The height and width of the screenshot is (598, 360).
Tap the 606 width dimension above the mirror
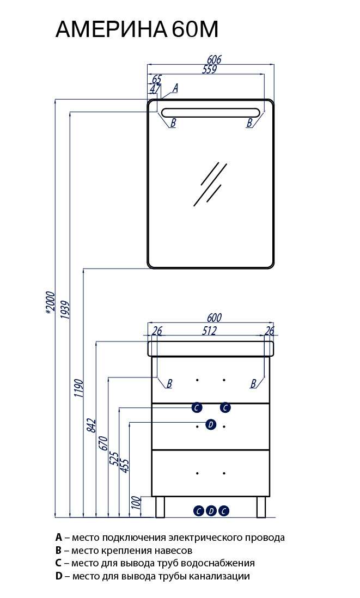214,59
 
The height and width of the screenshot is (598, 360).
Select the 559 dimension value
209,69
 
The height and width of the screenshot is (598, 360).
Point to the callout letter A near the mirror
175,88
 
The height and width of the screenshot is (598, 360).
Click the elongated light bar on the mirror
211,113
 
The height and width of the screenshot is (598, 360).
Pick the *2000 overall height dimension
50,303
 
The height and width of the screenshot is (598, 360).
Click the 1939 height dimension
65,310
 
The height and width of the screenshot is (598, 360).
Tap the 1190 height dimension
78,388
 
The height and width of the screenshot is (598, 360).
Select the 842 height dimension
91,425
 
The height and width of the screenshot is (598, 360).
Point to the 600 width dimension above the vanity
215,318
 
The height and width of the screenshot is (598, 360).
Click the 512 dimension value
209,330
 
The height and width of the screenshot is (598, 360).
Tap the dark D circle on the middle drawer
211,424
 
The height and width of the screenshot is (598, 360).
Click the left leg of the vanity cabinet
160,507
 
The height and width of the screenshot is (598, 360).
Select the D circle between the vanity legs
211,511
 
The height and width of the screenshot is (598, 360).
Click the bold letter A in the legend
59,538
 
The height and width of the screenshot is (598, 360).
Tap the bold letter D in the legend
59,576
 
